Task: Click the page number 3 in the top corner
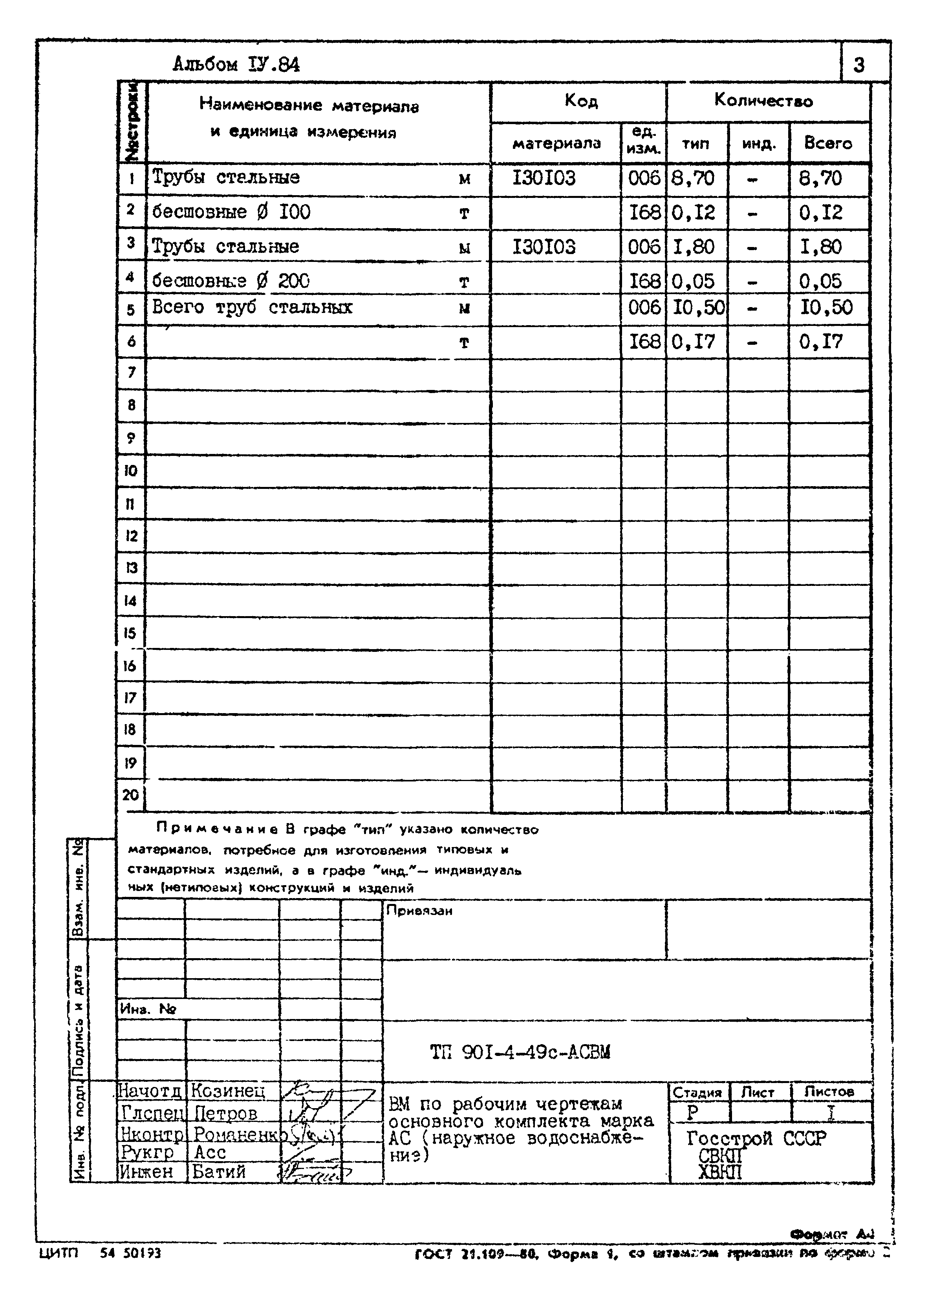pyautogui.click(x=859, y=65)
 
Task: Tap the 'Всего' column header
pyautogui.click(x=827, y=143)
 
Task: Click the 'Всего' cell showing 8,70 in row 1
pyautogui.click(x=820, y=178)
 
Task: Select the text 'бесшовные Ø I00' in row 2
pyautogui.click(x=231, y=212)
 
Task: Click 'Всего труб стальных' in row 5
pyautogui.click(x=252, y=307)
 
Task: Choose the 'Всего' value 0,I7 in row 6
pyautogui.click(x=820, y=342)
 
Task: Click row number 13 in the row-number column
pyautogui.click(x=131, y=568)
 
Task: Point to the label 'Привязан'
pyautogui.click(x=419, y=911)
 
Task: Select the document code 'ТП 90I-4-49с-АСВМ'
pyautogui.click(x=520, y=1052)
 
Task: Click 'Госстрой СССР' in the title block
pyautogui.click(x=756, y=1138)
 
